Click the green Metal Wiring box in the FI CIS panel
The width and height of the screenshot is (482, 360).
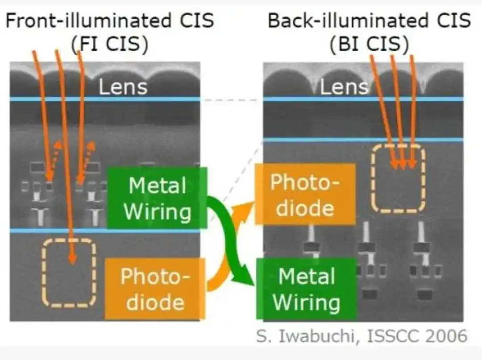(157, 198)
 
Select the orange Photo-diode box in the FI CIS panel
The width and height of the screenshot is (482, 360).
(155, 289)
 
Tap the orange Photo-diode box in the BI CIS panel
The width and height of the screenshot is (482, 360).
(305, 194)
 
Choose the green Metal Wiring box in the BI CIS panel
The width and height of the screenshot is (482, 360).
(307, 289)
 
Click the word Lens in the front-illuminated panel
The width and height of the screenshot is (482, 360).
(123, 87)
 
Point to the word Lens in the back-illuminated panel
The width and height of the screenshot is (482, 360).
(344, 87)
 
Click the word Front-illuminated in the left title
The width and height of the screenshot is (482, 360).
(88, 21)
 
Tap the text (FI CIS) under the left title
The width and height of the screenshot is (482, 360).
(110, 44)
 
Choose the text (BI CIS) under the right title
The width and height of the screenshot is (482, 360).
(369, 44)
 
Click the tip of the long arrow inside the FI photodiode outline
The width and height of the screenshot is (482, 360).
(73, 264)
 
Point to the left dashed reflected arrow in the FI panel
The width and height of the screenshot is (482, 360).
(55, 160)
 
